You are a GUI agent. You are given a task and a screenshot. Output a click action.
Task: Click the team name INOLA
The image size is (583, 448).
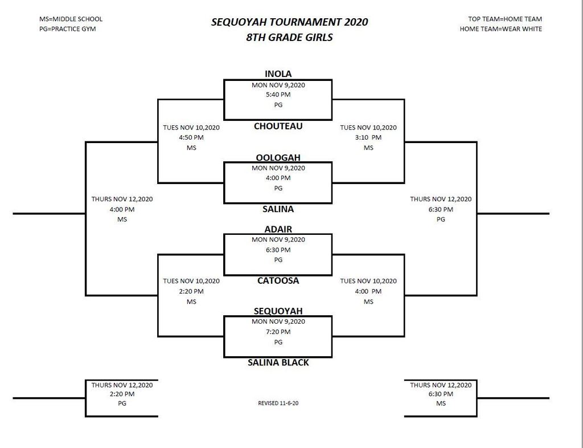[278, 74]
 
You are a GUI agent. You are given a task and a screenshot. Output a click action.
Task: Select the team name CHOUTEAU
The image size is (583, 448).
[278, 126]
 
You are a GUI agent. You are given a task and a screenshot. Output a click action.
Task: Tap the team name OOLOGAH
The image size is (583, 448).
[278, 157]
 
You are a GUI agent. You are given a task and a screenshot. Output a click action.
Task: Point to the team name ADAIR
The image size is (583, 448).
[278, 229]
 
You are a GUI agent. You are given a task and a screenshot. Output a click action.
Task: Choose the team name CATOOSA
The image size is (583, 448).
[278, 280]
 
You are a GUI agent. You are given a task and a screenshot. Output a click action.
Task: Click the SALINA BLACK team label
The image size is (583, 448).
[278, 363]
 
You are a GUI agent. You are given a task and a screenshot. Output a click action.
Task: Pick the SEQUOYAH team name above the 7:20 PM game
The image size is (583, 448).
[278, 311]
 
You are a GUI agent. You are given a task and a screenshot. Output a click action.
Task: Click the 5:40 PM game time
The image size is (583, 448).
[278, 95]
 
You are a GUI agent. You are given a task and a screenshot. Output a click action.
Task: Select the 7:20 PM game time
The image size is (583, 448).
[278, 332]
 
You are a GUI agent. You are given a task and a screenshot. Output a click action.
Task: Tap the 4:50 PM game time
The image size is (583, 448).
[191, 137]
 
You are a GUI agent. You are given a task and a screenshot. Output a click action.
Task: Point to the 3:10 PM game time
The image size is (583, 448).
[368, 137]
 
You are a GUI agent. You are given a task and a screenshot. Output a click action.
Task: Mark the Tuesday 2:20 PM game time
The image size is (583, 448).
[191, 291]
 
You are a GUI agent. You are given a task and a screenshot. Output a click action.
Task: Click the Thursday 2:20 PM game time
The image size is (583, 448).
[122, 394]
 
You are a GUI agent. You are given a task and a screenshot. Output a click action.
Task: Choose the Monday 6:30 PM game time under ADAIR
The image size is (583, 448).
[278, 250]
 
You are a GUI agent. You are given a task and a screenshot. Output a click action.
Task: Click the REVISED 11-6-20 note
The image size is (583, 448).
[278, 403]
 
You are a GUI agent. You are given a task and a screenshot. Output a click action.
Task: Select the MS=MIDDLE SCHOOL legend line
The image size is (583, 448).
[71, 19]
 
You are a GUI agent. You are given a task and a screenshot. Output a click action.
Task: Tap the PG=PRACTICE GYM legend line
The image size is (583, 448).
[68, 29]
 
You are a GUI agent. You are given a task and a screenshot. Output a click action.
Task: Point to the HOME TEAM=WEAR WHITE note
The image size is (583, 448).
[501, 29]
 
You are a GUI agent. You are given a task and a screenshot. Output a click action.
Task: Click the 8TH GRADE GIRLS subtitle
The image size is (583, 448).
[289, 37]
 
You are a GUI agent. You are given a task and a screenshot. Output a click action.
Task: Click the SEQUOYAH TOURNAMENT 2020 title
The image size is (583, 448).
[289, 22]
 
